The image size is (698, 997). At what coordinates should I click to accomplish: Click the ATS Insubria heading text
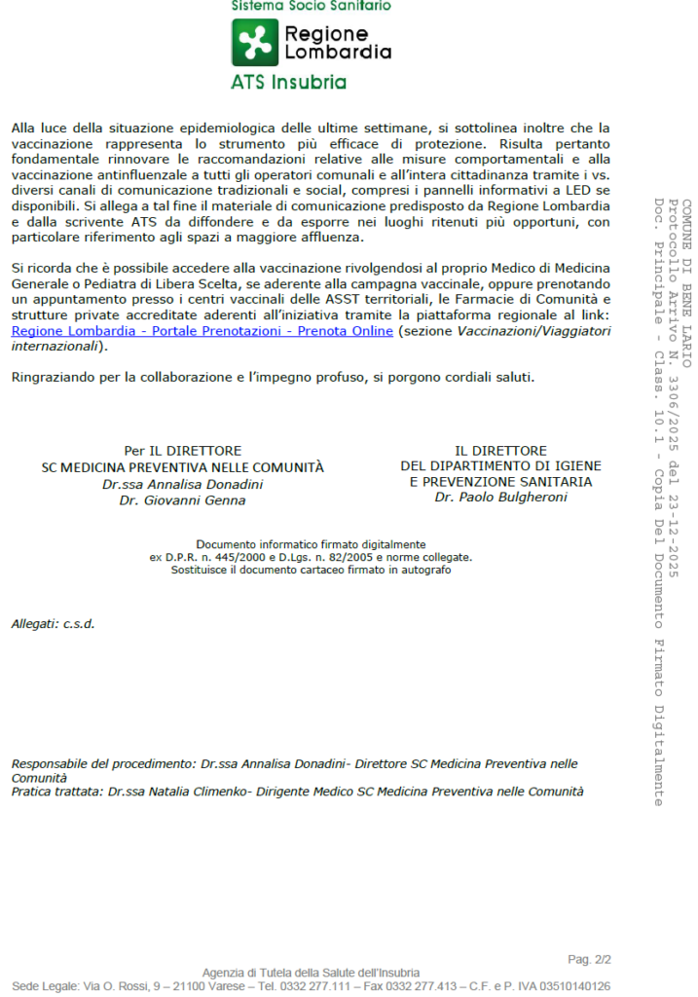(288, 82)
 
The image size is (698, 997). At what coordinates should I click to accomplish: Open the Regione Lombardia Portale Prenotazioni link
(202, 331)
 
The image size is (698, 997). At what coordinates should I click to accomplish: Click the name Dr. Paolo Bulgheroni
(500, 497)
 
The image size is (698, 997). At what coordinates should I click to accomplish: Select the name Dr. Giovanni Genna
(182, 500)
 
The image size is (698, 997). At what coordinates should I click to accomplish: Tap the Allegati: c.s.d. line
(53, 623)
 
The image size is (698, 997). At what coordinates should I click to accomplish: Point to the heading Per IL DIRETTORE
(182, 451)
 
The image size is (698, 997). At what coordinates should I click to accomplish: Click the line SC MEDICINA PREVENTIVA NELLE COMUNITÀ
(182, 467)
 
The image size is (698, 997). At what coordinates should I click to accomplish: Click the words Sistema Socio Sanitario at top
(311, 6)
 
